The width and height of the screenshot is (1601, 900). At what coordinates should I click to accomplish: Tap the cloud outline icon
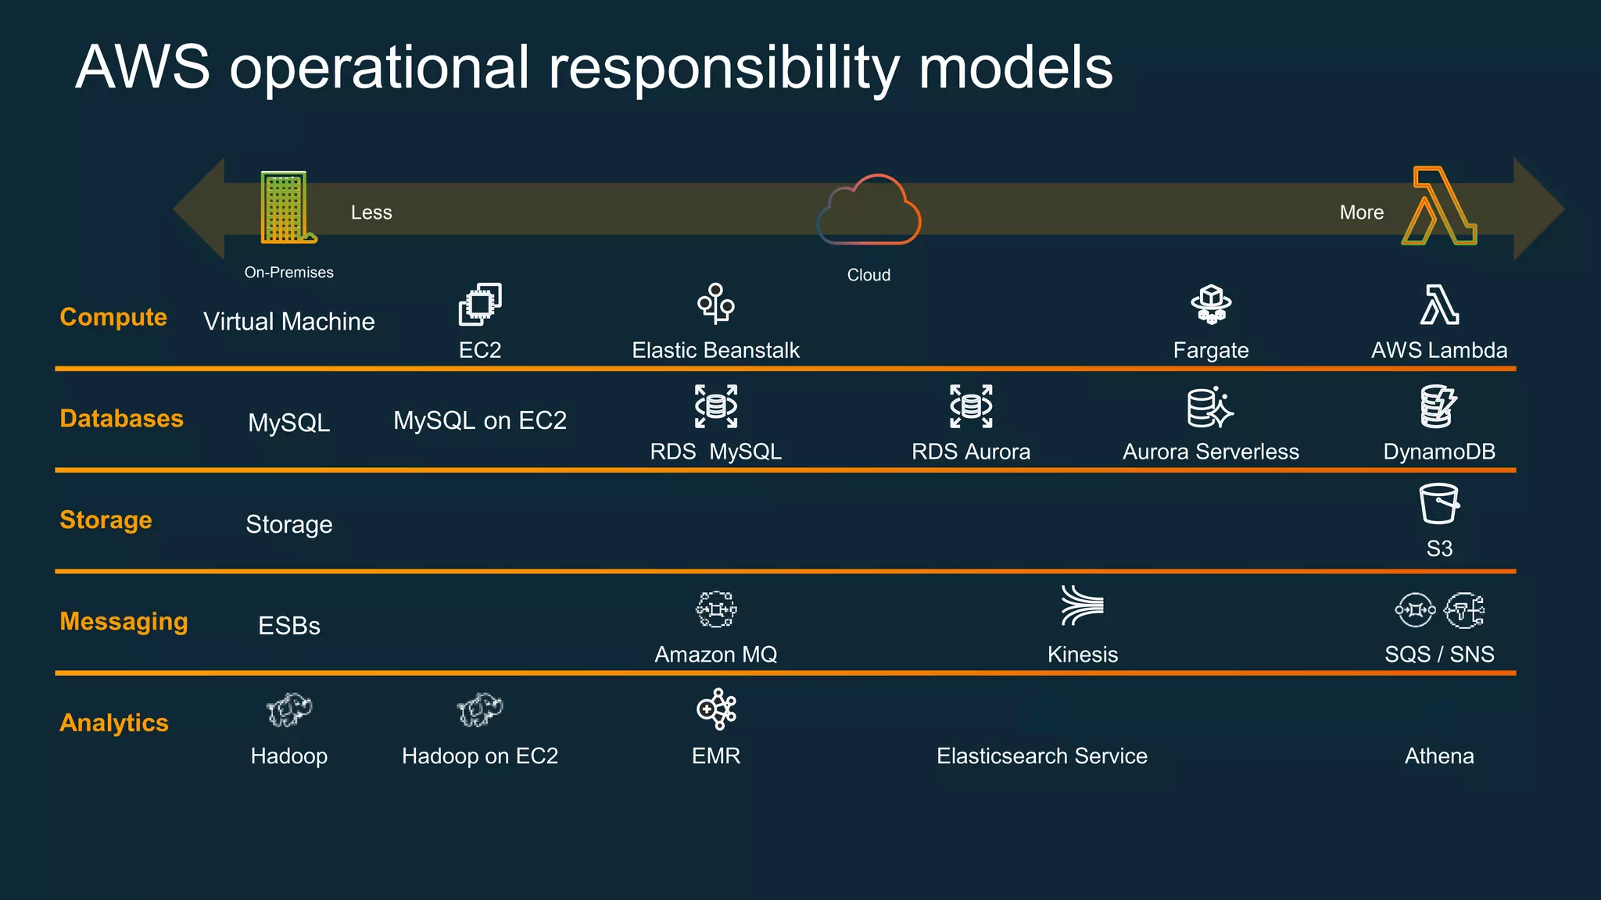click(x=869, y=211)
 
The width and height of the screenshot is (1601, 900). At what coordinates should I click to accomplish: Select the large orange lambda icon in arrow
click(x=1439, y=207)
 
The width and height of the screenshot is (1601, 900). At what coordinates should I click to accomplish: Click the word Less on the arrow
click(x=371, y=212)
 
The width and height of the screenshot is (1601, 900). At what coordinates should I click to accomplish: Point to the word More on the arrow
click(x=1361, y=212)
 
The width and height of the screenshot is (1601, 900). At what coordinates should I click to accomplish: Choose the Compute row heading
click(x=113, y=317)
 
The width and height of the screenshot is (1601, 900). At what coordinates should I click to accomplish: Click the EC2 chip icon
click(x=480, y=305)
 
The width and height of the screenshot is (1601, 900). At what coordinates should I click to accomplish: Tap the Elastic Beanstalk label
click(x=715, y=350)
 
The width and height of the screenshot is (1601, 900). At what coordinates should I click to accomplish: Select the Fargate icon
click(x=1211, y=305)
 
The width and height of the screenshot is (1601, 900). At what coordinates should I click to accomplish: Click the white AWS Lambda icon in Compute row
click(x=1439, y=305)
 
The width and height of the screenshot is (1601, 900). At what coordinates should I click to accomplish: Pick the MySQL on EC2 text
click(x=479, y=420)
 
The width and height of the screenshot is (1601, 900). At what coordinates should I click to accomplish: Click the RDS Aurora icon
click(x=971, y=406)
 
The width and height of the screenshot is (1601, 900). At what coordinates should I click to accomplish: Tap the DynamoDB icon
click(x=1438, y=406)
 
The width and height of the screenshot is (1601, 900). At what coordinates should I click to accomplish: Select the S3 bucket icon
click(x=1438, y=504)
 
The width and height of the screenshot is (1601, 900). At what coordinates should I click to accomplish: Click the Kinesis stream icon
click(x=1082, y=605)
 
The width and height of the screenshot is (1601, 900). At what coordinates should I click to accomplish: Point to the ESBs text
click(x=289, y=626)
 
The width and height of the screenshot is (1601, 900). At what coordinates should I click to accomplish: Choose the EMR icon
click(x=716, y=709)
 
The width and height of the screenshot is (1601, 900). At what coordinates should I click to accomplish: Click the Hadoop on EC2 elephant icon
click(x=480, y=709)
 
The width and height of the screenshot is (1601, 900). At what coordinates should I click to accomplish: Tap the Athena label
click(x=1438, y=756)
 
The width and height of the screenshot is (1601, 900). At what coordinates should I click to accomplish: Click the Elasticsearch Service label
click(x=1041, y=756)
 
